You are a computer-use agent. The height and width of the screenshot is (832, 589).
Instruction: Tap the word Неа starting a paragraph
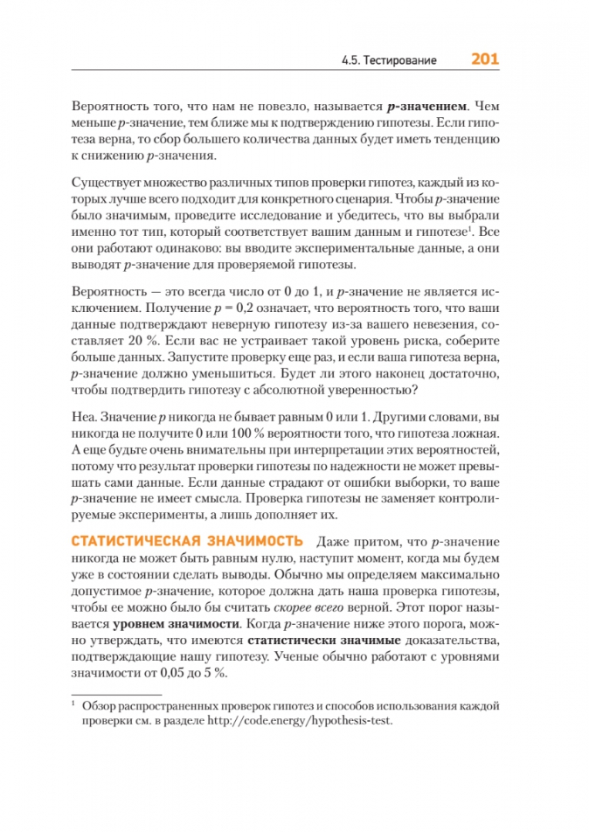pyautogui.click(x=81, y=417)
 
